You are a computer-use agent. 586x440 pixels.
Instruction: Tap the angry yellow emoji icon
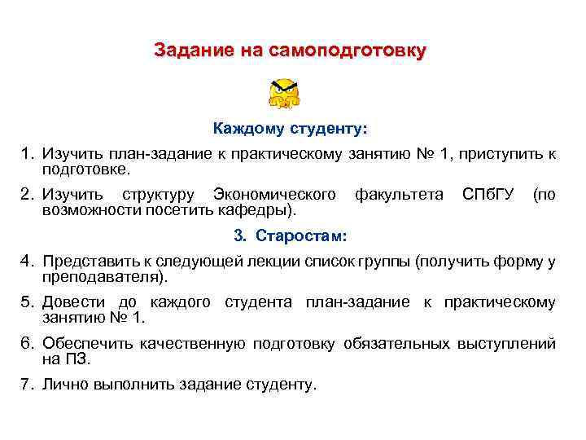(x=284, y=94)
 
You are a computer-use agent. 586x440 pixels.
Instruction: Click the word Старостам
(x=301, y=236)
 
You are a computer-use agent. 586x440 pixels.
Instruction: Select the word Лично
(x=63, y=384)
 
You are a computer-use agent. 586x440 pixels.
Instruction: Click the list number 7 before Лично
(x=27, y=384)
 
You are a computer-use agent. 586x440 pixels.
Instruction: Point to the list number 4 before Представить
(x=27, y=262)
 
